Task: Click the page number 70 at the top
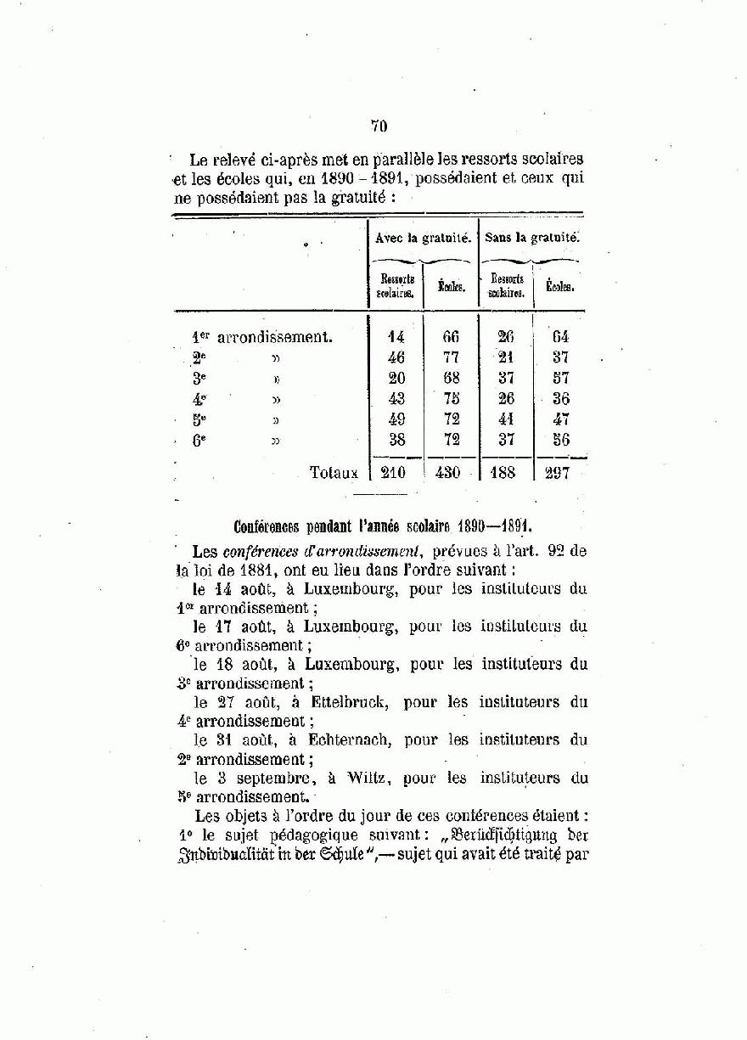pos(379,126)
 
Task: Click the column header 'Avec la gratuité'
pos(423,239)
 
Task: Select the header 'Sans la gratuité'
pos(532,238)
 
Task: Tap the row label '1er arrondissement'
pos(262,337)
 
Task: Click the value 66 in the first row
pos(450,337)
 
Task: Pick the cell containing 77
pos(450,357)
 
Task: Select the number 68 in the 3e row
pos(450,378)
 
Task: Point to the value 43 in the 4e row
pos(396,398)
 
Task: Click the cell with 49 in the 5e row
pos(396,419)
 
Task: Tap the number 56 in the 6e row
pos(560,440)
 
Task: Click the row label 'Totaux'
pos(334,473)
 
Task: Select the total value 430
pos(447,473)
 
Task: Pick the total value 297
pos(557,473)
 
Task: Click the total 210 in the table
pos(393,473)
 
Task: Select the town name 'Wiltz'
pos(368,778)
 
